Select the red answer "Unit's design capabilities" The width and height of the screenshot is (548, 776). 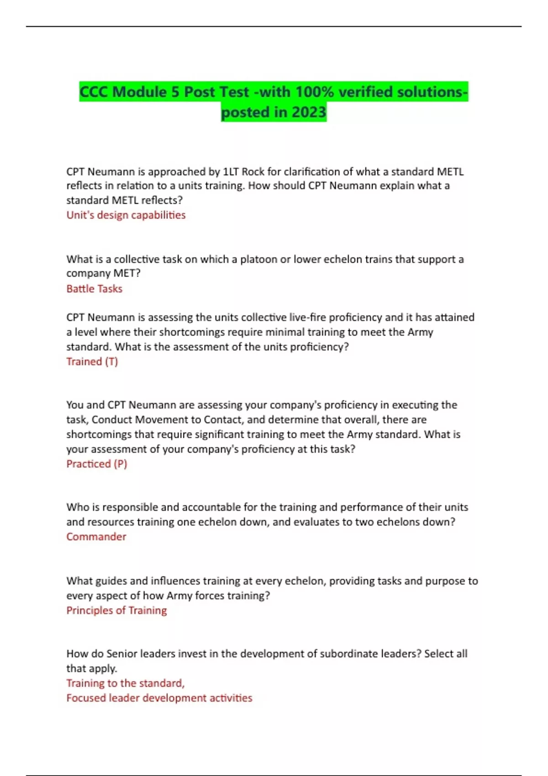tap(126, 215)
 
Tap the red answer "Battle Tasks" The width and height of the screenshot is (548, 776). tap(95, 288)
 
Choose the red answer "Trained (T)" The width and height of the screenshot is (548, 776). tap(92, 362)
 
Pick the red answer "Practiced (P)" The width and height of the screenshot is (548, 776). tap(97, 464)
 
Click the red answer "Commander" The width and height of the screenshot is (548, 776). tap(96, 537)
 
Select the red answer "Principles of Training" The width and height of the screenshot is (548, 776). tap(116, 610)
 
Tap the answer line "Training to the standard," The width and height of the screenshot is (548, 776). tap(126, 683)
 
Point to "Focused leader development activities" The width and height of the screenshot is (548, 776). tap(159, 698)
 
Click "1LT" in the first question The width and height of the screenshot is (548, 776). tap(230, 172)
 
